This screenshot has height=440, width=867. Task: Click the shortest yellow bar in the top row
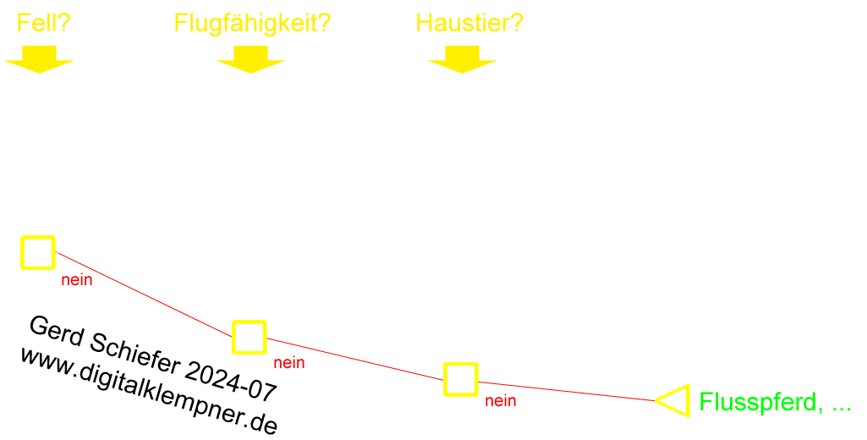click(x=44, y=22)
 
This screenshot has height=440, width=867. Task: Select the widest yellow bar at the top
click(x=252, y=25)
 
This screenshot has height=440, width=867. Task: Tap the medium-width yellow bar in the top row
click(x=469, y=22)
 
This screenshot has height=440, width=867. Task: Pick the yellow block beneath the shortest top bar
click(x=39, y=59)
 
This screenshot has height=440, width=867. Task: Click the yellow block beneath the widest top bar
click(x=250, y=59)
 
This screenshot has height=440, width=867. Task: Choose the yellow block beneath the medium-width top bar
click(x=462, y=59)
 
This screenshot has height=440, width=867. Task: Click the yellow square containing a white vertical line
click(x=38, y=253)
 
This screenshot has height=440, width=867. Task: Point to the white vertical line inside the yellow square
click(x=27, y=252)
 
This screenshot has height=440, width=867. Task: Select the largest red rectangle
click(x=148, y=295)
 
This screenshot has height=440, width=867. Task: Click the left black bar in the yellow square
click(x=240, y=338)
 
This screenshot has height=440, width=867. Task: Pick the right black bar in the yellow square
click(x=258, y=338)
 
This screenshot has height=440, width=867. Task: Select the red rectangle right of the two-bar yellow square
click(x=351, y=359)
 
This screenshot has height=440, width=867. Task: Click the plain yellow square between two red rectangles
click(x=461, y=379)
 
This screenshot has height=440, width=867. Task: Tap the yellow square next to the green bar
click(x=677, y=400)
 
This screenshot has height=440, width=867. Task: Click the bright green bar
click(x=770, y=403)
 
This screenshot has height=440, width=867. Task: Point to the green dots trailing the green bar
click(x=845, y=410)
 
